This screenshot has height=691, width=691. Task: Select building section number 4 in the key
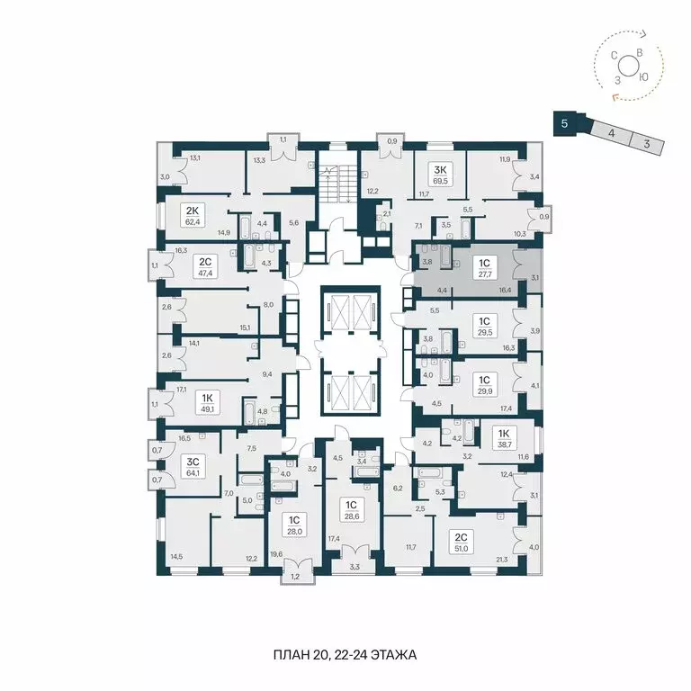click(611, 132)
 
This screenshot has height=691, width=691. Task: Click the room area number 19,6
click(275, 554)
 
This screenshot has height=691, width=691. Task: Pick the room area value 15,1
click(244, 328)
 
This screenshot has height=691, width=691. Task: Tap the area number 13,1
click(195, 157)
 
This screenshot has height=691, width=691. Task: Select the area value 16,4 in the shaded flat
click(506, 291)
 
